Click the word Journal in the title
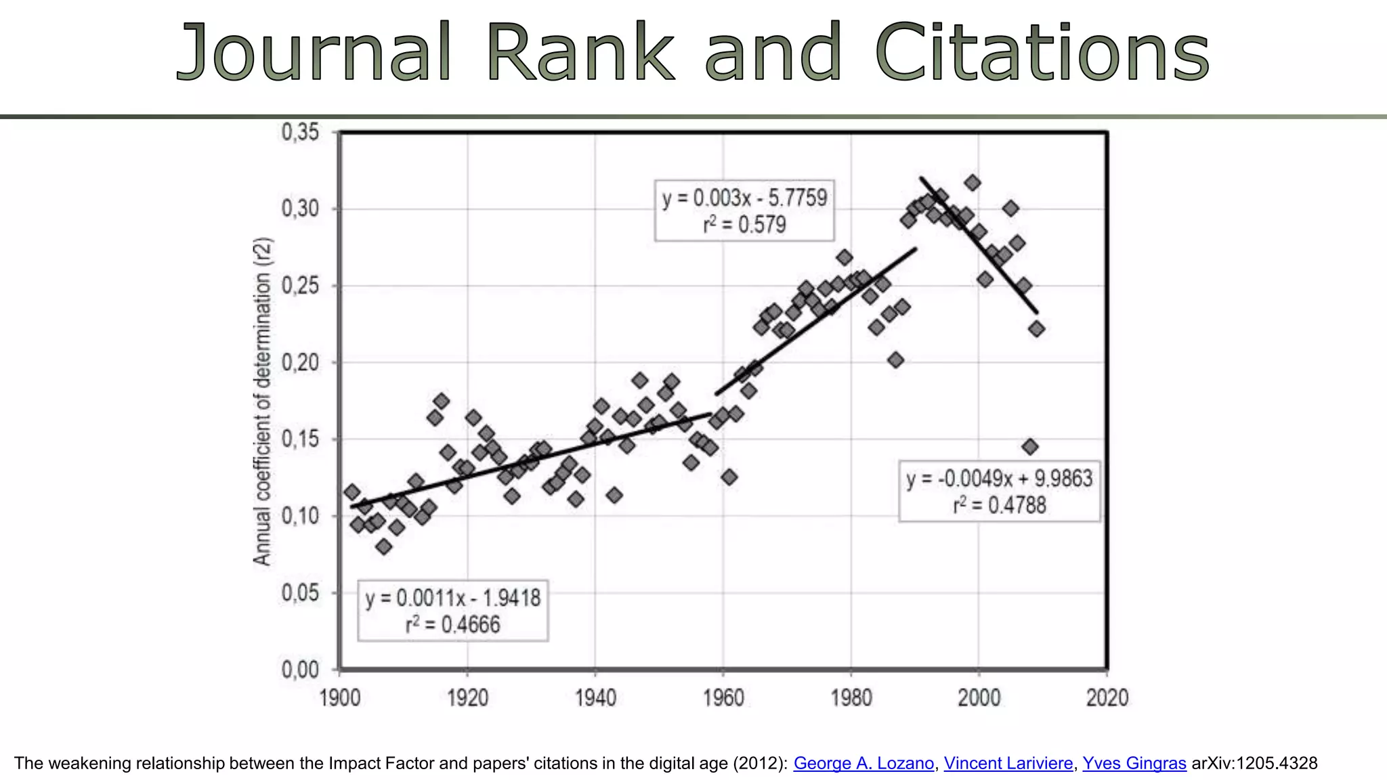tap(314, 53)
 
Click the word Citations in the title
tap(1042, 53)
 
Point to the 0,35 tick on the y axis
tap(300, 131)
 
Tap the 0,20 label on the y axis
tap(300, 362)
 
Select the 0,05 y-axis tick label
tap(300, 593)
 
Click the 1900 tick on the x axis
tap(339, 697)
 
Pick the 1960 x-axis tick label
tap(723, 697)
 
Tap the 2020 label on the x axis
tap(1107, 697)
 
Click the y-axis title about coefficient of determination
tap(262, 402)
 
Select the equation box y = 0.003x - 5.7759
tap(744, 211)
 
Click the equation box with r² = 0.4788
tap(999, 492)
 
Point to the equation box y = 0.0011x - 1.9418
tap(452, 611)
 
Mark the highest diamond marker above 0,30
tap(973, 183)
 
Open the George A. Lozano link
tap(863, 763)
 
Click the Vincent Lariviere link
tap(1008, 763)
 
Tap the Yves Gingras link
tap(1134, 763)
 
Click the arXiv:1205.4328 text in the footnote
tap(1254, 763)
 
